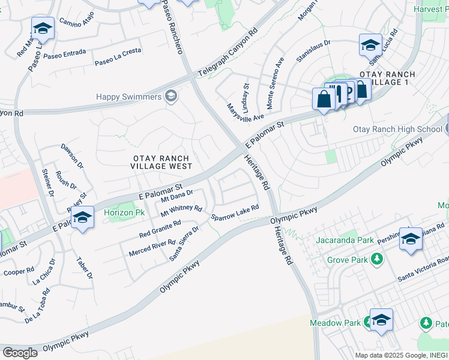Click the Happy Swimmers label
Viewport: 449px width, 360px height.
coord(128,97)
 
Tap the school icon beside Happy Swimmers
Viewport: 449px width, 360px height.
coord(171,96)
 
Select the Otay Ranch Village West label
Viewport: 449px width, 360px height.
coord(162,162)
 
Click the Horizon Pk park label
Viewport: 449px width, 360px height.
coord(124,212)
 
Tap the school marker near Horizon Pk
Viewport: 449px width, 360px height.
coord(83,218)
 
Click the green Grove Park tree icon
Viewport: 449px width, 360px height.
coord(376,260)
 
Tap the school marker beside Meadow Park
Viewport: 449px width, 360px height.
coord(381,320)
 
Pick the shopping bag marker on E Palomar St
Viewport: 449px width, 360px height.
coord(324,99)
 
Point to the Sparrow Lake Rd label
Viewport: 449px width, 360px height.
coord(234,212)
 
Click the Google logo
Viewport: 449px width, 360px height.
coord(20,352)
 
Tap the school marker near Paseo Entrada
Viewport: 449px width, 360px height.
coord(43,29)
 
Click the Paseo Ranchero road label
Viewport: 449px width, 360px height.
coord(172,27)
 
